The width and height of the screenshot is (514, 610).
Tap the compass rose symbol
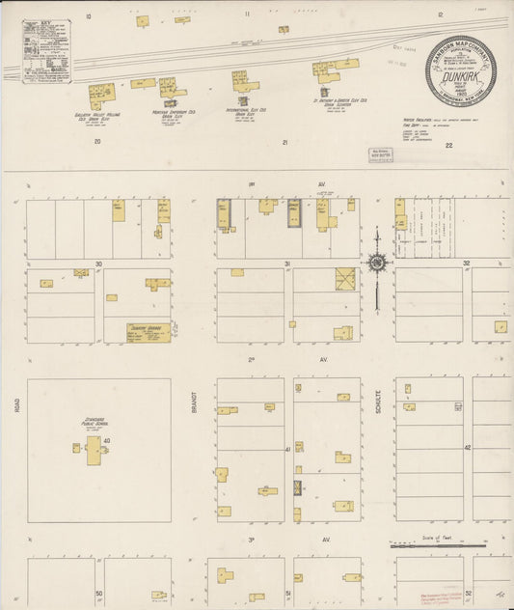(x=376, y=262)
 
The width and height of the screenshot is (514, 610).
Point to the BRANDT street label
(x=196, y=404)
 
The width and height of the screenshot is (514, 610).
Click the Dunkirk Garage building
(x=149, y=333)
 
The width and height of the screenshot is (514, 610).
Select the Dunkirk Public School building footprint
(x=94, y=450)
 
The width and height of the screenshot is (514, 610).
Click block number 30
(x=98, y=263)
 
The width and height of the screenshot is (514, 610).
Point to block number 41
(x=287, y=449)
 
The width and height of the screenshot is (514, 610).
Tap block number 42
(x=467, y=448)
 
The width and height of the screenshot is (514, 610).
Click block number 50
(x=98, y=594)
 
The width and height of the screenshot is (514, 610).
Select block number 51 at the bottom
(x=287, y=594)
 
